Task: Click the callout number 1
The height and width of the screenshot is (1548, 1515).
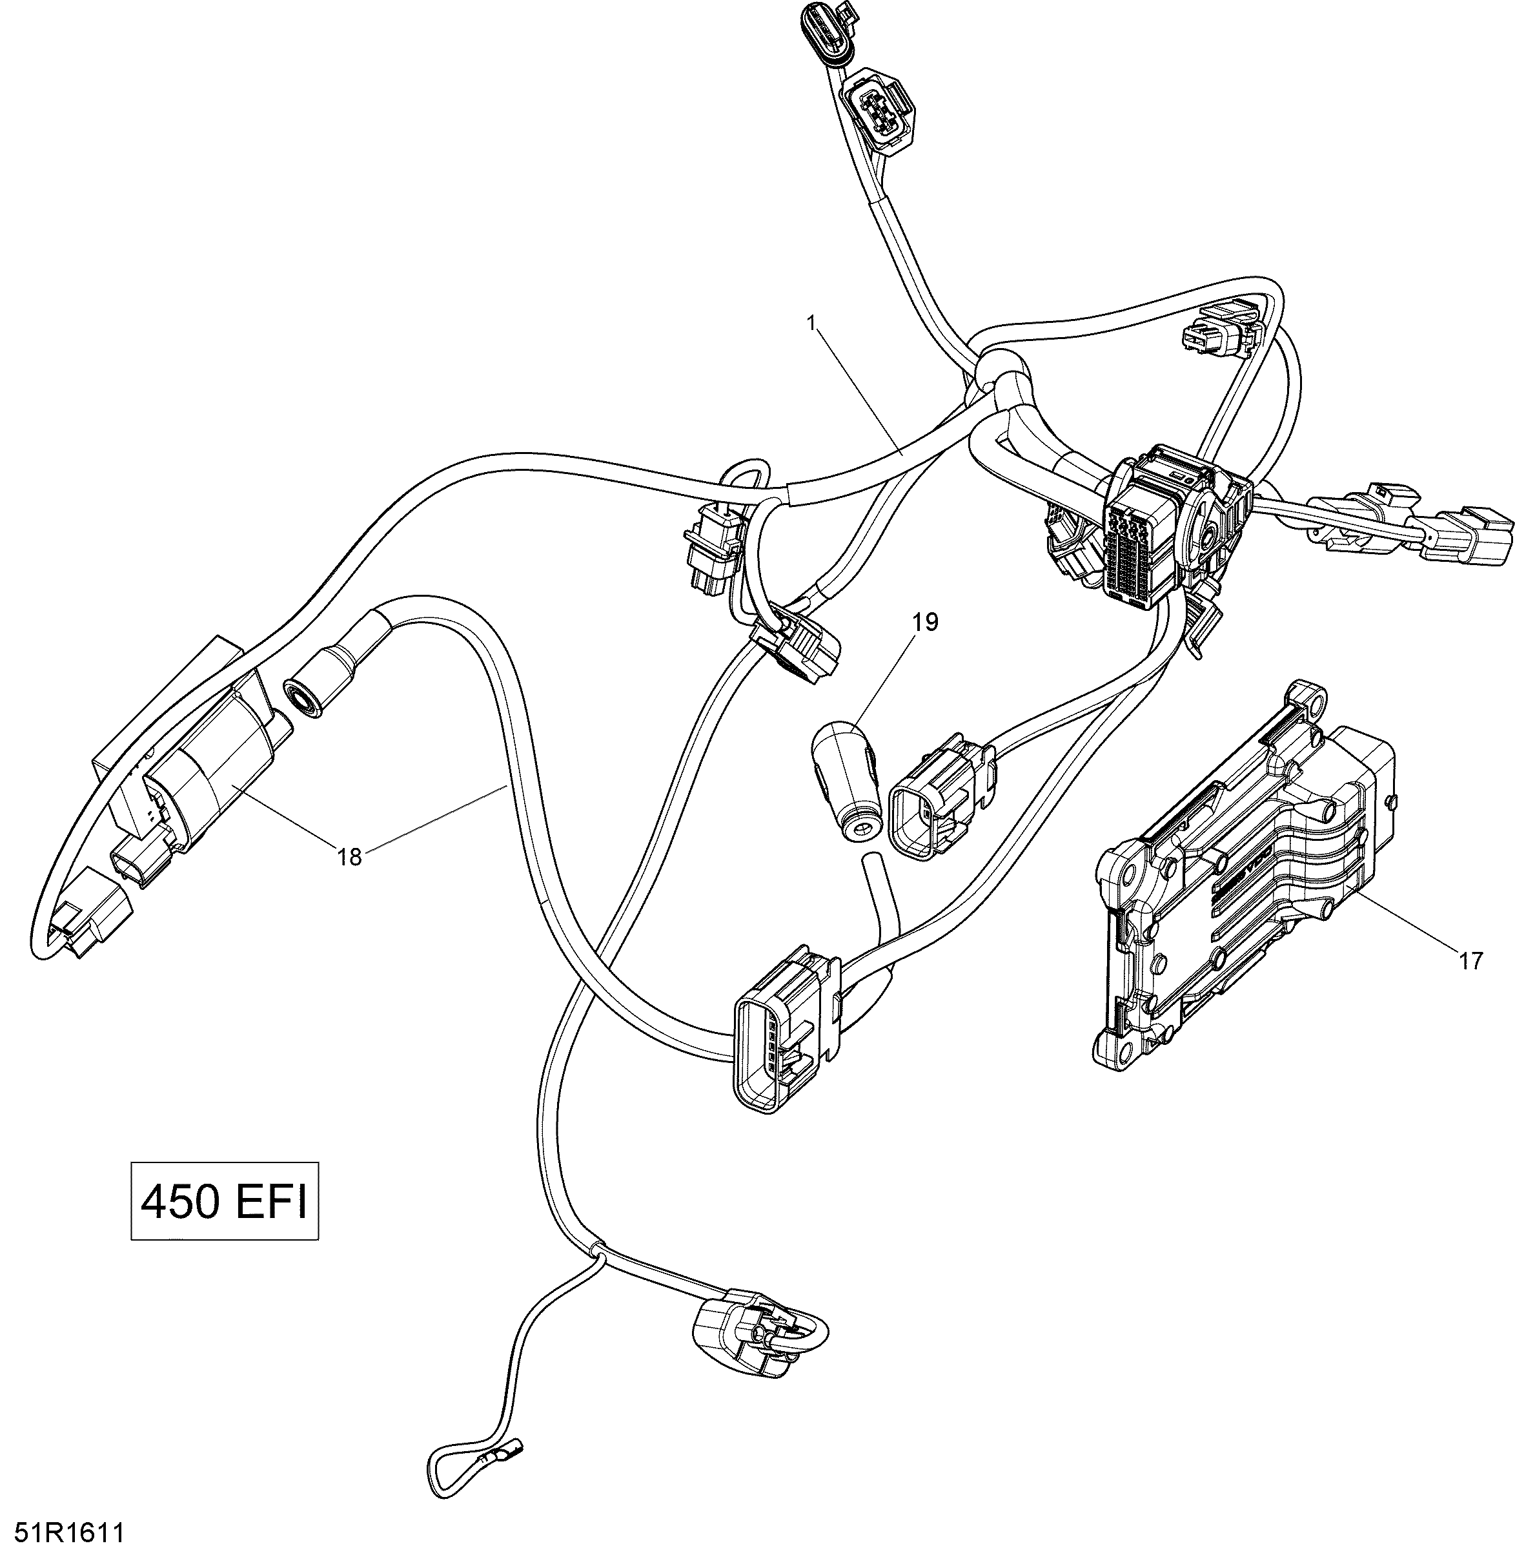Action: pyautogui.click(x=811, y=322)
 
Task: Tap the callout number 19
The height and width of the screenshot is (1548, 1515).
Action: pyautogui.click(x=926, y=621)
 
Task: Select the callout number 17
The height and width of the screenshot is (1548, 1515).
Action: pyautogui.click(x=1471, y=962)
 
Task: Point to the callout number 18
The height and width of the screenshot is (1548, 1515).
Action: pyautogui.click(x=349, y=856)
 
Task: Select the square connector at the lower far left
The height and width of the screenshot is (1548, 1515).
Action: pyautogui.click(x=89, y=914)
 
